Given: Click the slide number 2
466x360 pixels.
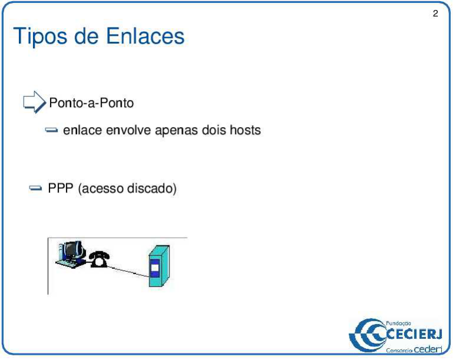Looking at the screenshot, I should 435,14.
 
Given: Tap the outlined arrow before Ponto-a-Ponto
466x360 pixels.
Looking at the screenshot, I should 34,103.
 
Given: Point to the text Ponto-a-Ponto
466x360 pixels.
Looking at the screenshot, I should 91,103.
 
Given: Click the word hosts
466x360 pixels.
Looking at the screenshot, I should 245,130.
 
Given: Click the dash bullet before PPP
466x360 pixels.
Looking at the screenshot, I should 36,189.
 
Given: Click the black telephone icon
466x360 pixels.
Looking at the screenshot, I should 99,258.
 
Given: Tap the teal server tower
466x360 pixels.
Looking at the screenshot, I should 155,268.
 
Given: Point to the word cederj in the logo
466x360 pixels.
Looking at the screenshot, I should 428,350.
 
